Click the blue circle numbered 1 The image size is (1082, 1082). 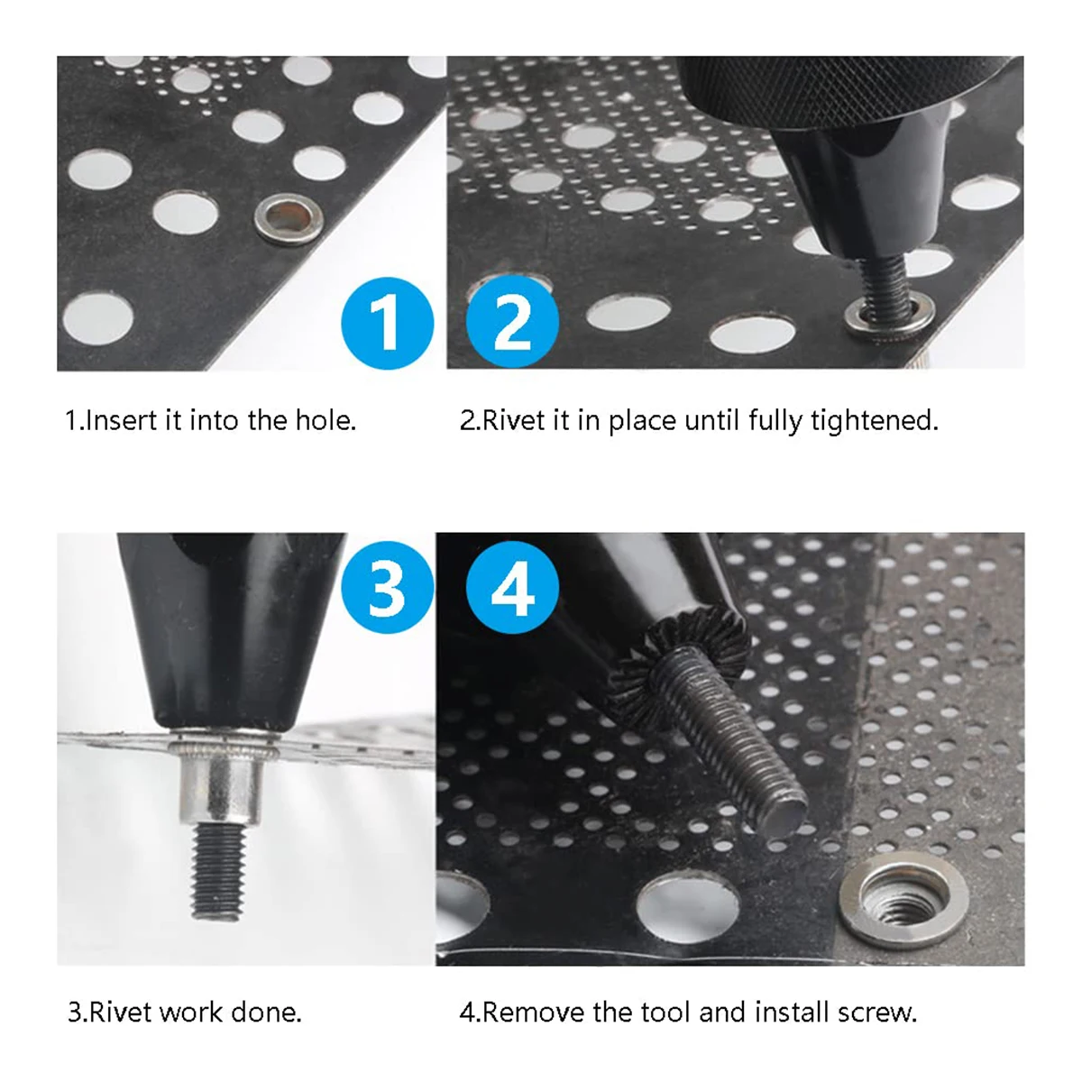(388, 323)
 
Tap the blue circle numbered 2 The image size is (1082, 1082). (512, 322)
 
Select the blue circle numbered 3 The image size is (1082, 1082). (388, 587)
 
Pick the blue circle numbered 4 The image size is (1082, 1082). (512, 587)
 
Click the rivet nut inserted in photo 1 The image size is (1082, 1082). (289, 218)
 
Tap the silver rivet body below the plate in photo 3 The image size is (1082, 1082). (221, 786)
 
